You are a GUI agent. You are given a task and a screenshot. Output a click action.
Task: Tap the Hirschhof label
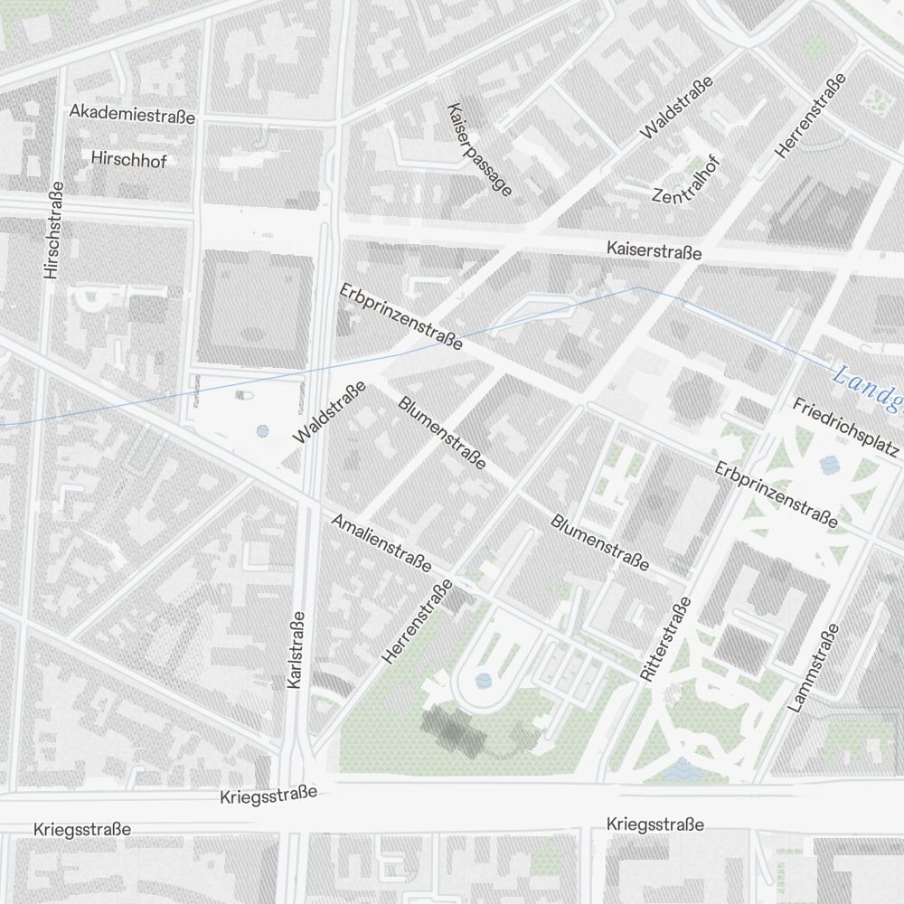pyautogui.click(x=128, y=158)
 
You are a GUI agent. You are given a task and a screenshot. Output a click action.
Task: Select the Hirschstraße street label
pyautogui.click(x=53, y=230)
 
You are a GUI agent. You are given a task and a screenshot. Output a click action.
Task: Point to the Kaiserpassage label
pyautogui.click(x=479, y=148)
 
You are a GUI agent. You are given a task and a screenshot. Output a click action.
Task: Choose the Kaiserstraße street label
pyautogui.click(x=654, y=250)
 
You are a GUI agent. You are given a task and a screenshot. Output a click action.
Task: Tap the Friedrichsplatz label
pyautogui.click(x=845, y=426)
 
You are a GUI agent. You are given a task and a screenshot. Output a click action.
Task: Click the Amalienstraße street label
pyautogui.click(x=381, y=542)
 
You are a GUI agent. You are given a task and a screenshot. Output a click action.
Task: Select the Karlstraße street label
pyautogui.click(x=295, y=651)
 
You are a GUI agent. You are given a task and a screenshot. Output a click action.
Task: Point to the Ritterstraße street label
pyautogui.click(x=664, y=639)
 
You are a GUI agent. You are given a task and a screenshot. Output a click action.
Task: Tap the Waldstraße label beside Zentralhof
pyautogui.click(x=676, y=108)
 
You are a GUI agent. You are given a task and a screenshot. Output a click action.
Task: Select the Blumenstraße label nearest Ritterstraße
pyautogui.click(x=599, y=542)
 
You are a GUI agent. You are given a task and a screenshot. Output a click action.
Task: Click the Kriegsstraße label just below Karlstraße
pyautogui.click(x=268, y=796)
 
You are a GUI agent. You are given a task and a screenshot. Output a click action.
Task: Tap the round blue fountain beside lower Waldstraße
pyautogui.click(x=262, y=432)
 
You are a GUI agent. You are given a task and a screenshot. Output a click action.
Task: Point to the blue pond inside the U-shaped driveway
pyautogui.click(x=484, y=679)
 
